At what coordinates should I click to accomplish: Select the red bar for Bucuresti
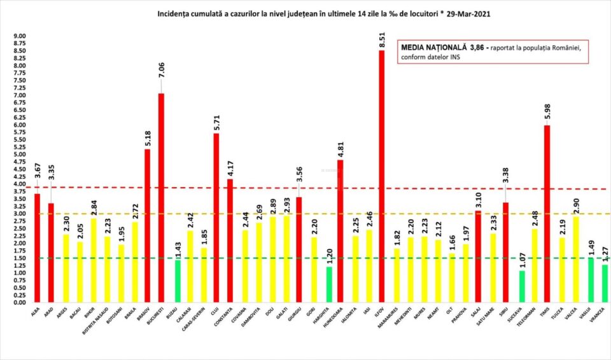pos(161,198)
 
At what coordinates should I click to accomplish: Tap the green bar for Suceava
pos(523,287)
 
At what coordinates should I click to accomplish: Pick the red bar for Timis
pos(547,214)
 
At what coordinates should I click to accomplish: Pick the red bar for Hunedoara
pos(341,232)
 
